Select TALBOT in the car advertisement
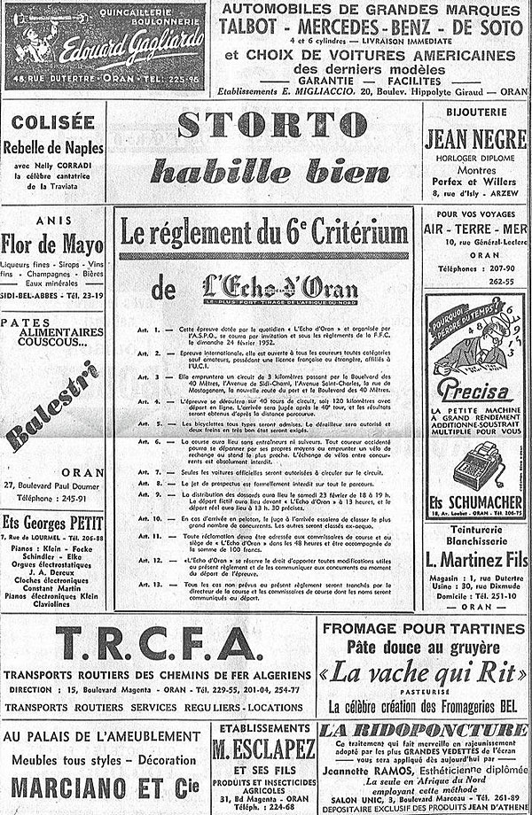coord(257,27)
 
